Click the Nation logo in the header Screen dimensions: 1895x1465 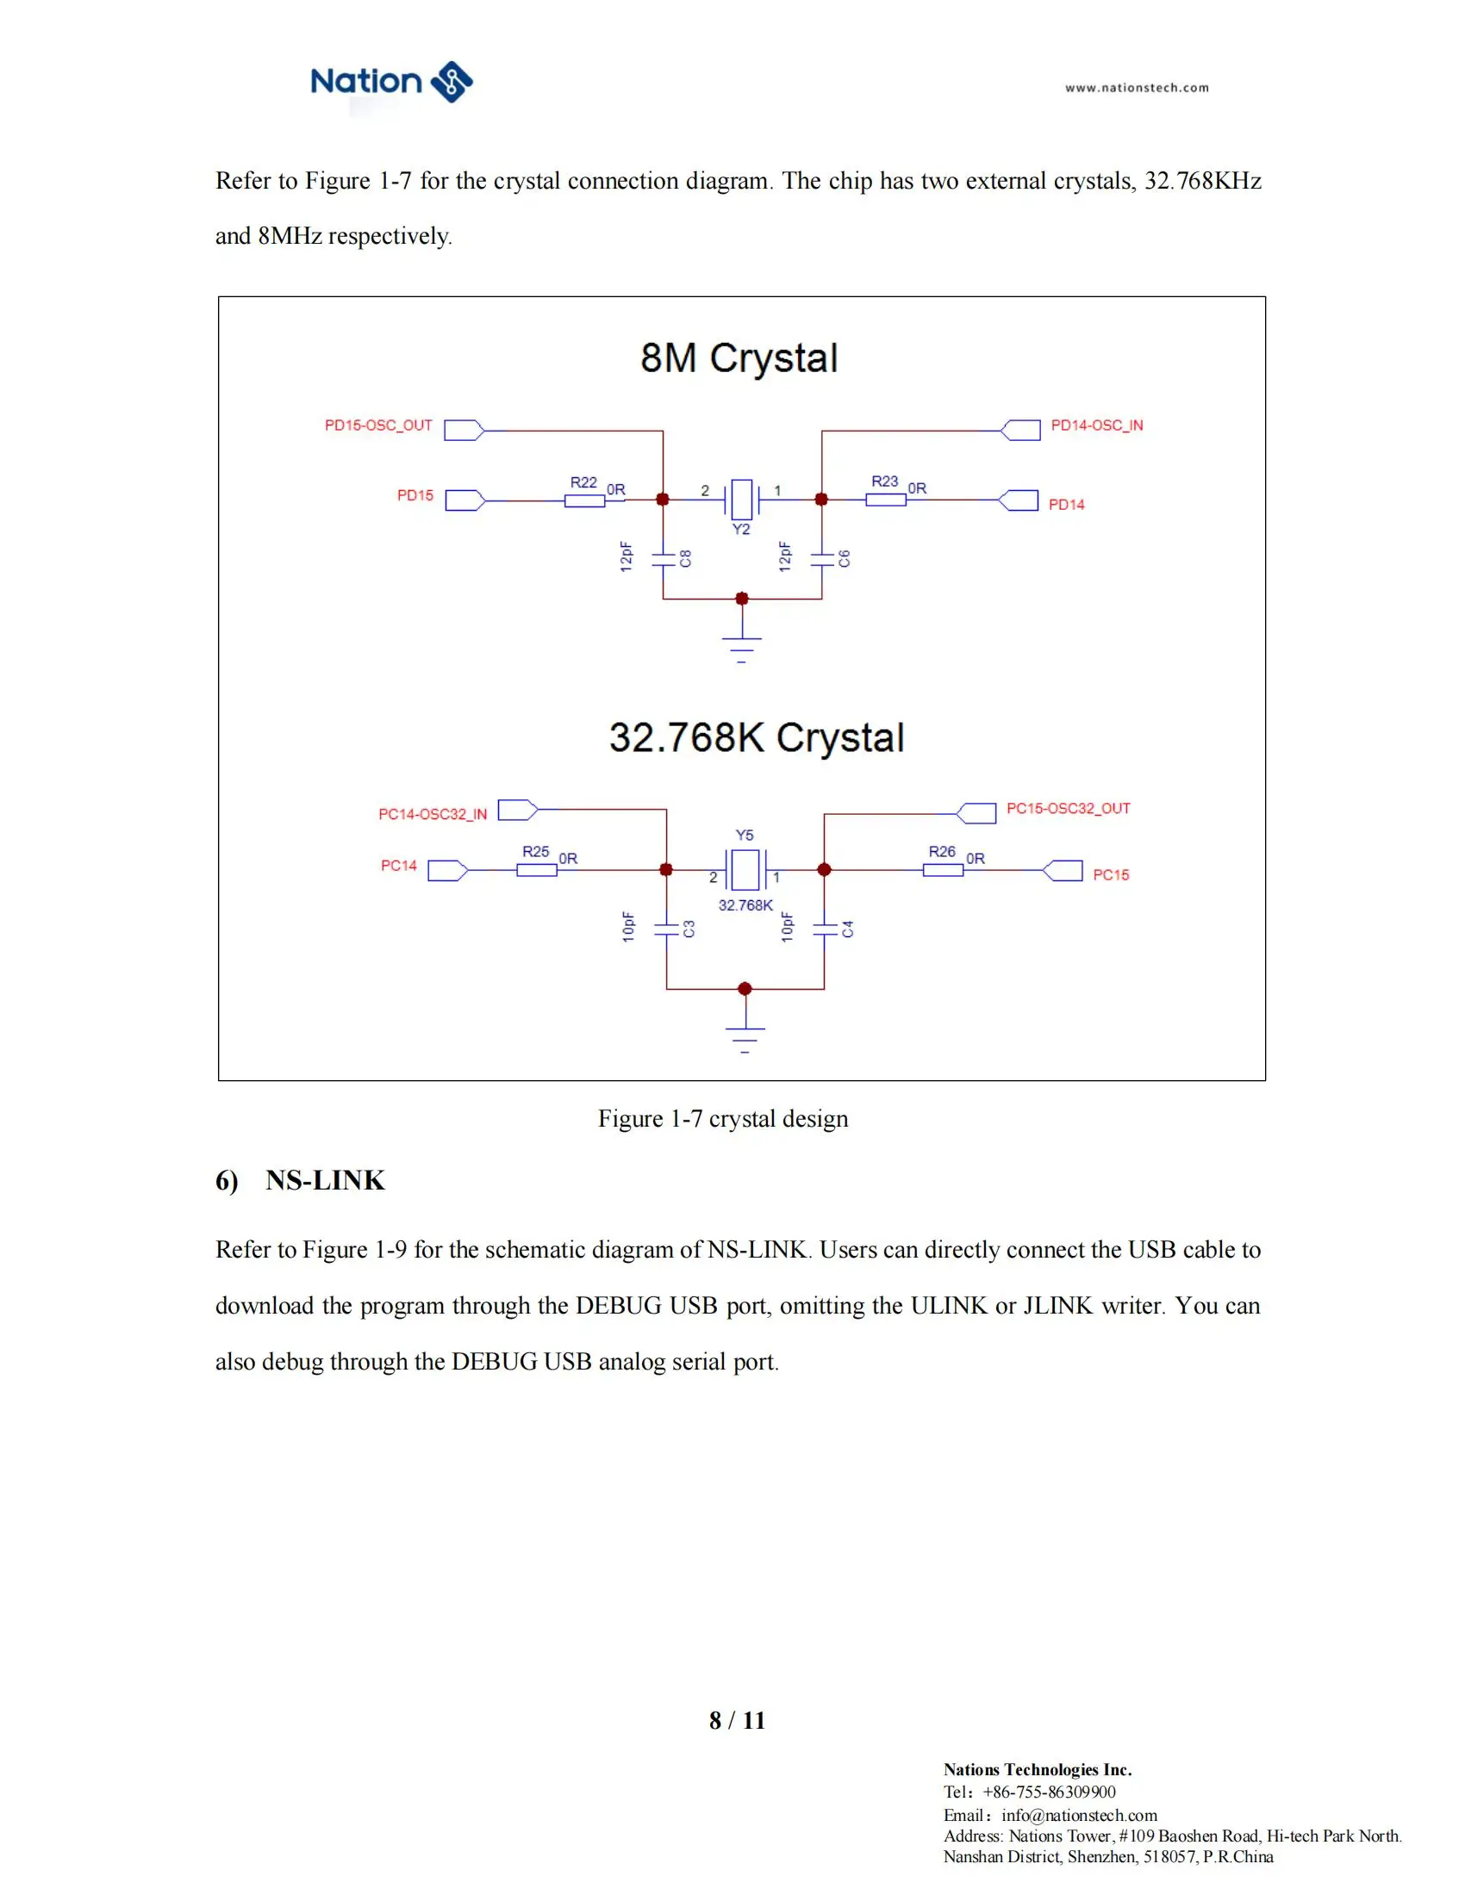coord(391,83)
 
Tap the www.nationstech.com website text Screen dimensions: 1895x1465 coord(1136,88)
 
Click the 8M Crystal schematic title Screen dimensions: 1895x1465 coord(739,357)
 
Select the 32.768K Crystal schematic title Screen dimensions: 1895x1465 coord(756,737)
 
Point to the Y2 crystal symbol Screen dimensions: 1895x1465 coord(742,499)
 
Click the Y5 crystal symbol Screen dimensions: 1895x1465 coord(745,869)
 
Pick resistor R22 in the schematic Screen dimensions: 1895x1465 coord(584,500)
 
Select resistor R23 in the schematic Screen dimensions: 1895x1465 coord(885,499)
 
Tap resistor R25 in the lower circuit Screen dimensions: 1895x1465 coord(536,869)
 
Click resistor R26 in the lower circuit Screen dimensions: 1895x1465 coord(943,869)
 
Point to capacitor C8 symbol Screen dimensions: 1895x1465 coord(664,559)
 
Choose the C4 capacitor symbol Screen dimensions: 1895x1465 coord(825,929)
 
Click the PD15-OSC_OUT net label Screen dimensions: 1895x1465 coord(378,426)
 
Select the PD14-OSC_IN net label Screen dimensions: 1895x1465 coord(1096,426)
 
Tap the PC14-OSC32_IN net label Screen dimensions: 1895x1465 coord(433,814)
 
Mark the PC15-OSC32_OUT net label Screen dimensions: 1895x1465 coord(1068,809)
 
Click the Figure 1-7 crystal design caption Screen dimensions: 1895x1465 coord(723,1118)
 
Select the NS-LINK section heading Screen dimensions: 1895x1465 coord(325,1180)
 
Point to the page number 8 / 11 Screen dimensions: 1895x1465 coord(737,1720)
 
